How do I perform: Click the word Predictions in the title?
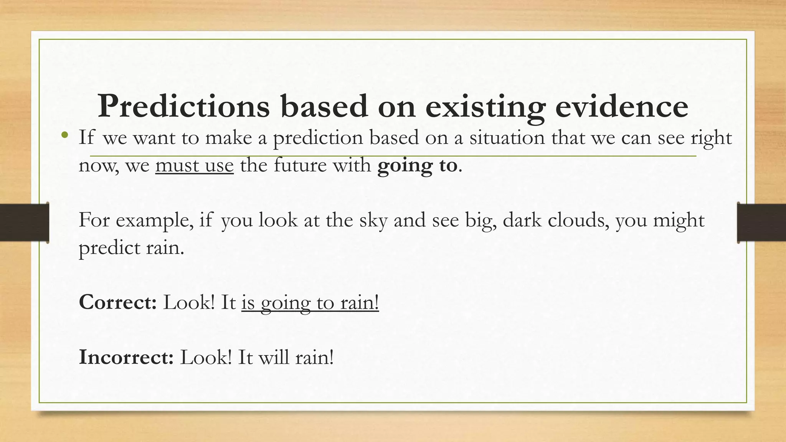[x=183, y=106]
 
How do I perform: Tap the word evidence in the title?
[x=621, y=106]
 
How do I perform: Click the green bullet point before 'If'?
[x=65, y=135]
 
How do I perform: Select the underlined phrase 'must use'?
[x=195, y=166]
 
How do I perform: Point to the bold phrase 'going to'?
[x=417, y=166]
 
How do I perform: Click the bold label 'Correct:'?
[x=117, y=302]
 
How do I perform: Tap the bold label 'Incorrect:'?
[x=126, y=357]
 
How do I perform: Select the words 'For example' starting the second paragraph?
[x=136, y=221]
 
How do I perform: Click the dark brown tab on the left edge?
[x=24, y=223]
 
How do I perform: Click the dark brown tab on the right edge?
[x=761, y=223]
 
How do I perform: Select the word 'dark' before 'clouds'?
[x=522, y=220]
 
